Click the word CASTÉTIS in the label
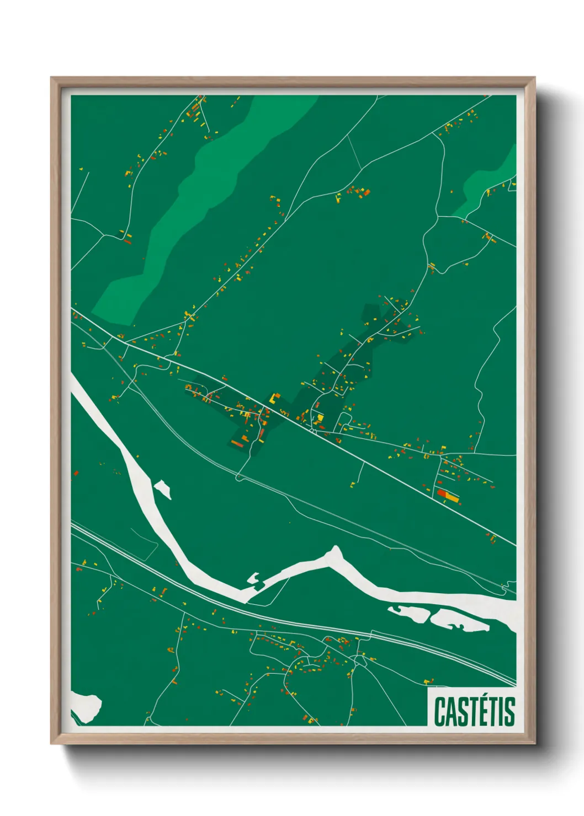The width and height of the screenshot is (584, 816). pyautogui.click(x=474, y=711)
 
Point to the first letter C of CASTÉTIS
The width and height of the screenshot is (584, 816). pyautogui.click(x=439, y=712)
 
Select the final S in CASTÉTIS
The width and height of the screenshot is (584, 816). pyautogui.click(x=509, y=712)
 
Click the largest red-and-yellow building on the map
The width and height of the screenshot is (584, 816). pyautogui.click(x=448, y=496)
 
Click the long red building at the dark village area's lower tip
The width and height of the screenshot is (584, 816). pyautogui.click(x=237, y=443)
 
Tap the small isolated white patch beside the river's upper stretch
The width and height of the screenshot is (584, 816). pyautogui.click(x=163, y=488)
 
